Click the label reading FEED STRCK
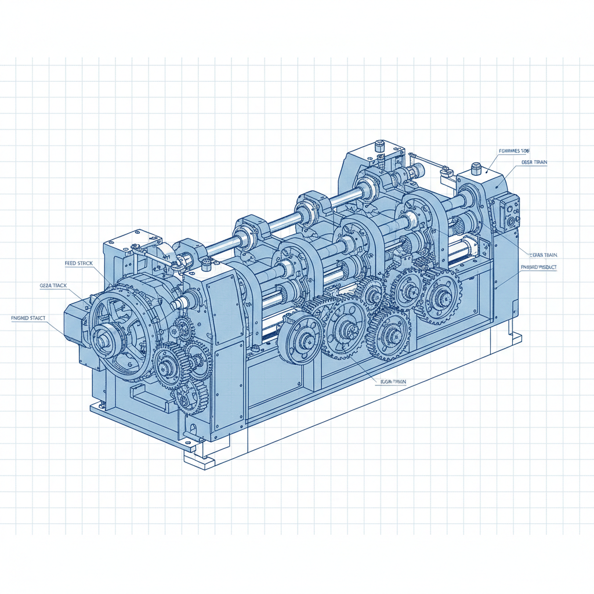click(78, 263)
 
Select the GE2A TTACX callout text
click(53, 286)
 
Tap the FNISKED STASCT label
click(28, 318)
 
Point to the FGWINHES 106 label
click(514, 151)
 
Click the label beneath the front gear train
click(393, 381)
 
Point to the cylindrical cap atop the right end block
click(477, 169)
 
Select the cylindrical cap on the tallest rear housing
click(380, 145)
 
